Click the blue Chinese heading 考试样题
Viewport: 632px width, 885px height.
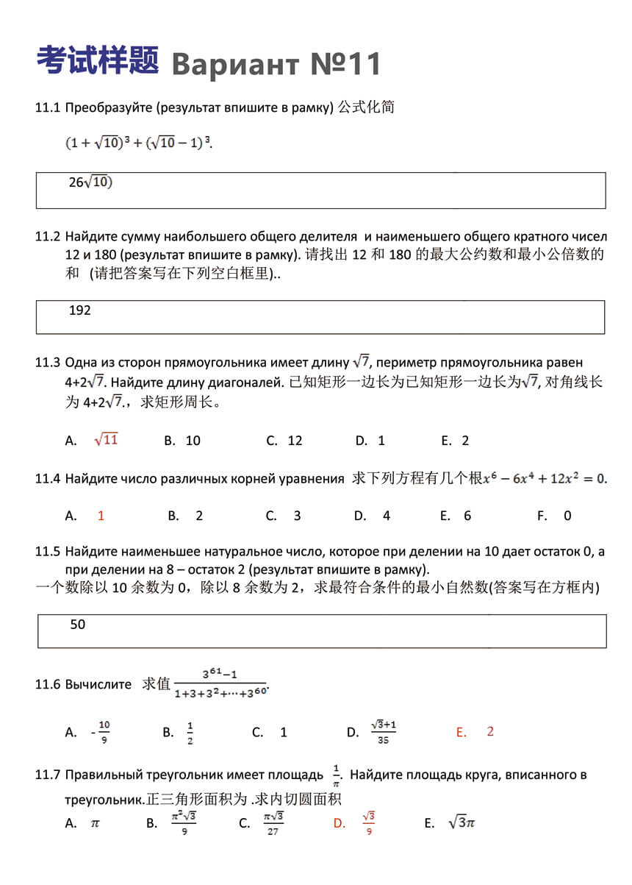(x=97, y=60)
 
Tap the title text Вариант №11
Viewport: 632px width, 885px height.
(x=276, y=65)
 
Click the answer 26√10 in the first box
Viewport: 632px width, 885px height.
(x=90, y=182)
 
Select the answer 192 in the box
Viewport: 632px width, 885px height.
(x=79, y=310)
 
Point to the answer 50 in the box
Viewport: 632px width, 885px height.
(x=77, y=625)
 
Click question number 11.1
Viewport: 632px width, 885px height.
(x=47, y=107)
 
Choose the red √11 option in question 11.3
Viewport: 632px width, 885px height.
(x=106, y=440)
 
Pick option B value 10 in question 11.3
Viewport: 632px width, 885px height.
(x=193, y=441)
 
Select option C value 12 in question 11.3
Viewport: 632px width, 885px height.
(x=295, y=441)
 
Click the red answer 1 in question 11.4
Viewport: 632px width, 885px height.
(x=101, y=516)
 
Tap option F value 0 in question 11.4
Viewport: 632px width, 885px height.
(x=567, y=516)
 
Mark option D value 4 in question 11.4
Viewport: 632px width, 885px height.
(x=387, y=516)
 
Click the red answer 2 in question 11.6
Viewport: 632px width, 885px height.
(x=490, y=731)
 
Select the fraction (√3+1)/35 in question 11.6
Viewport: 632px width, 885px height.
(x=384, y=732)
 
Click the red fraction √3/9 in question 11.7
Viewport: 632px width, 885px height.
(x=368, y=823)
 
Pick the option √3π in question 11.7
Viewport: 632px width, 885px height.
(x=462, y=822)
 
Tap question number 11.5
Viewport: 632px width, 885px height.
(x=47, y=552)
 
